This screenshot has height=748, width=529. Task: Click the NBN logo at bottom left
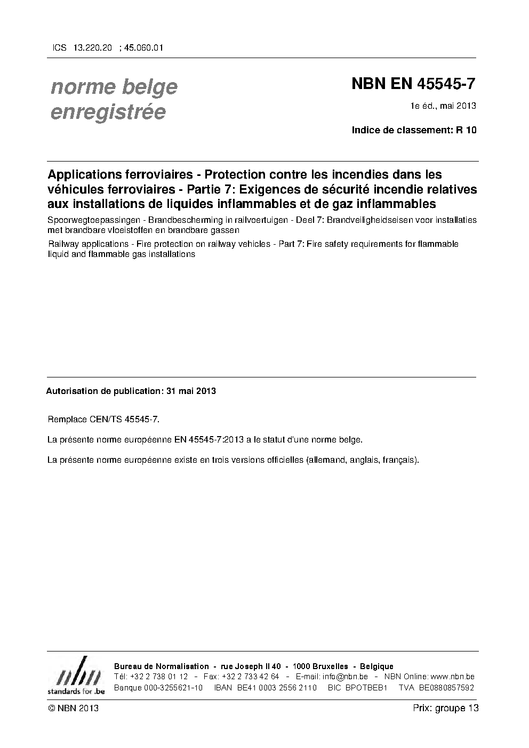click(76, 676)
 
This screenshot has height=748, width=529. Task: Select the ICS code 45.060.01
click(143, 47)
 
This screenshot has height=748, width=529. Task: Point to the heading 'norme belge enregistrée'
click(114, 99)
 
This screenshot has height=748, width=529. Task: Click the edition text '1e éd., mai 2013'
click(443, 106)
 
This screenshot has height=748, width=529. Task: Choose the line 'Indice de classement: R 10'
click(414, 130)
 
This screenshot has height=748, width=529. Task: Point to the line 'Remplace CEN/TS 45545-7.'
click(103, 419)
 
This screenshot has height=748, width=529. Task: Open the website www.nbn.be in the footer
click(452, 677)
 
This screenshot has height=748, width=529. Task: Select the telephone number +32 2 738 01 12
click(158, 677)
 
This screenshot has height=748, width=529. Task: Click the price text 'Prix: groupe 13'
click(445, 709)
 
